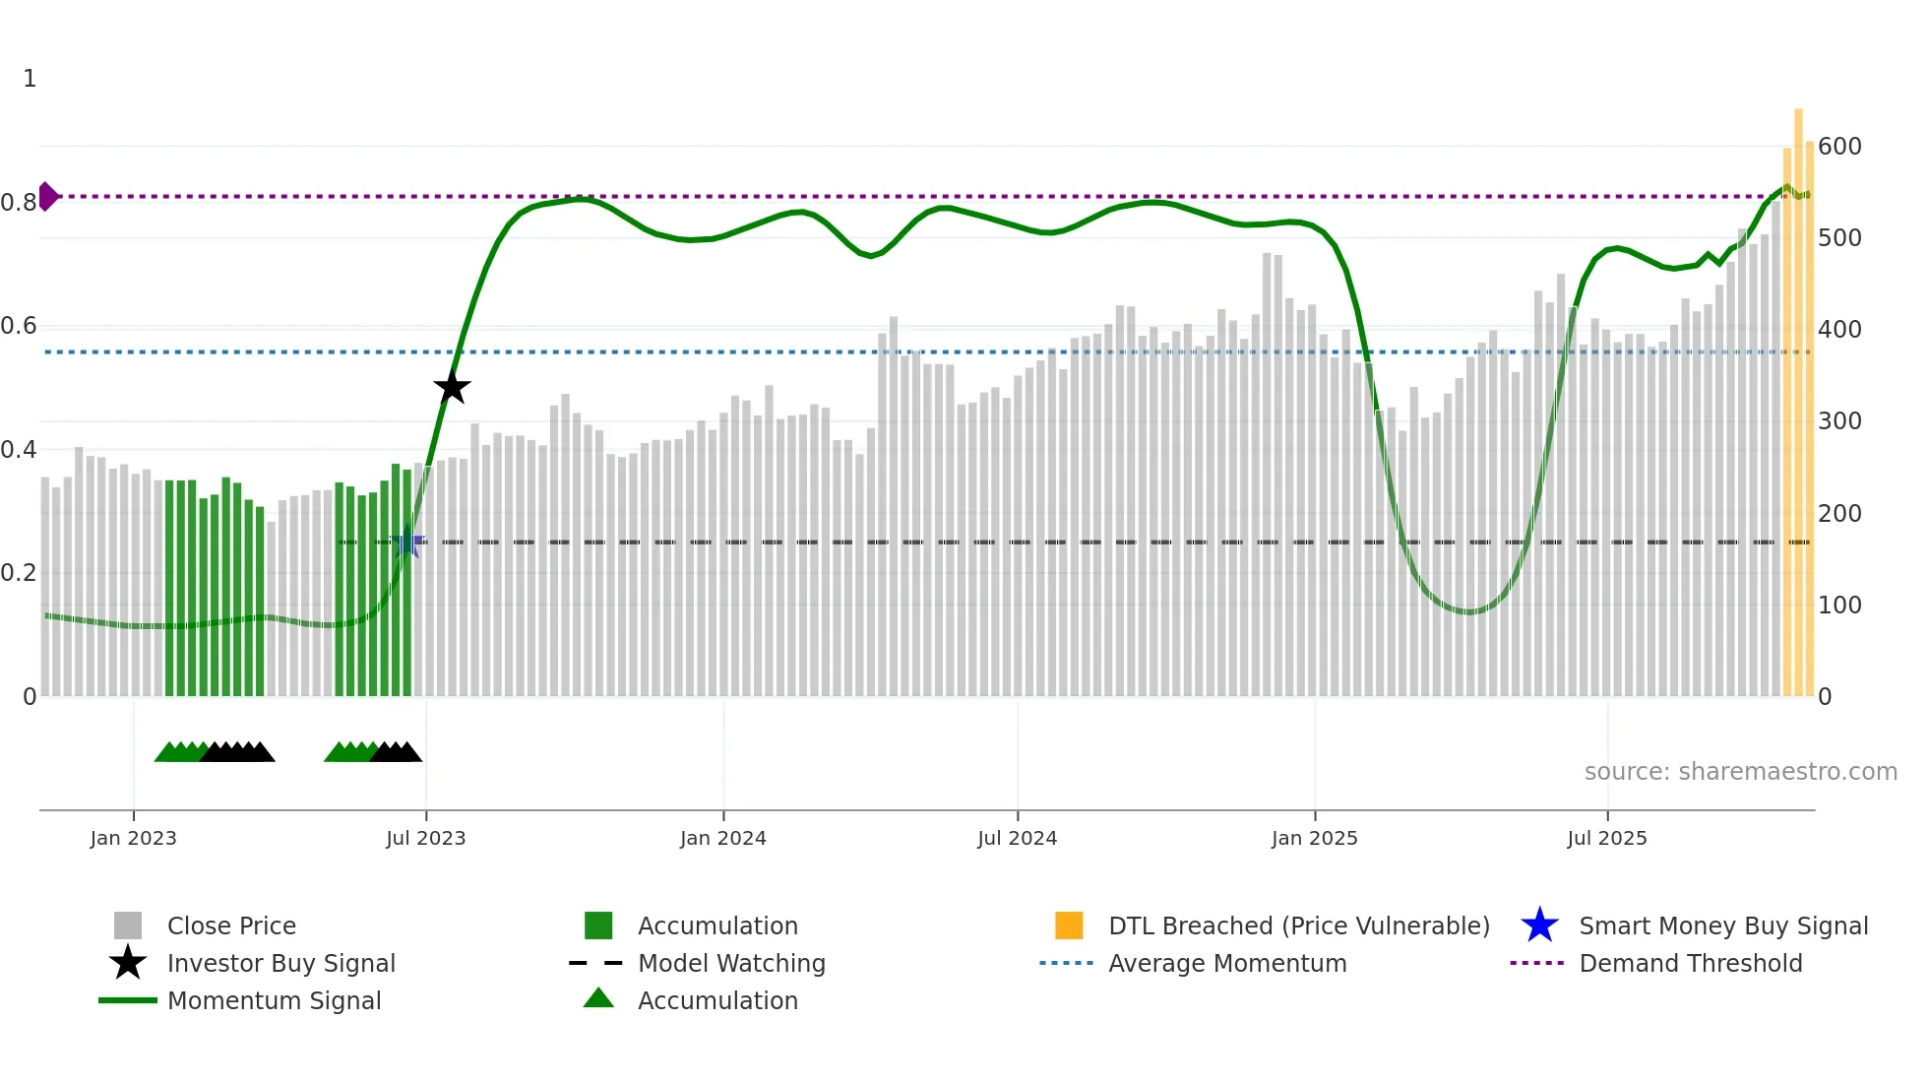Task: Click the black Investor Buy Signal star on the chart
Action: [x=452, y=388]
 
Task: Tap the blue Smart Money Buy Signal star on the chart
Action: [x=407, y=542]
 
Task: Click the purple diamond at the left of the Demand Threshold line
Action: [x=47, y=196]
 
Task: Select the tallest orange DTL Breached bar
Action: [x=1798, y=394]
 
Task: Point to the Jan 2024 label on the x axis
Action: [x=722, y=838]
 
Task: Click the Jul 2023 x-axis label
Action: [x=425, y=838]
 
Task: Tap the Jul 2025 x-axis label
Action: [x=1606, y=838]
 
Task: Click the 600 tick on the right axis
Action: [x=1838, y=147]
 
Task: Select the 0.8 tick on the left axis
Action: [x=19, y=203]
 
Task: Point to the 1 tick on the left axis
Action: [x=30, y=79]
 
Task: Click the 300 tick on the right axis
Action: [x=1838, y=421]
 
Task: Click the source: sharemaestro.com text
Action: [x=1740, y=772]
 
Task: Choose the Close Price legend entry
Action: [x=230, y=925]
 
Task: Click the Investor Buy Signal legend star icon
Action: [x=128, y=963]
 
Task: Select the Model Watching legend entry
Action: [x=730, y=963]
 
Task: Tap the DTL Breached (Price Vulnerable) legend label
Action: [x=1298, y=925]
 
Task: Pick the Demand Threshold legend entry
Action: [x=1690, y=963]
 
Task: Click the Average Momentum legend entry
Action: [x=1226, y=963]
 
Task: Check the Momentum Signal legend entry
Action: [x=274, y=1000]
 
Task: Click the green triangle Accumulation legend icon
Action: [x=598, y=999]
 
